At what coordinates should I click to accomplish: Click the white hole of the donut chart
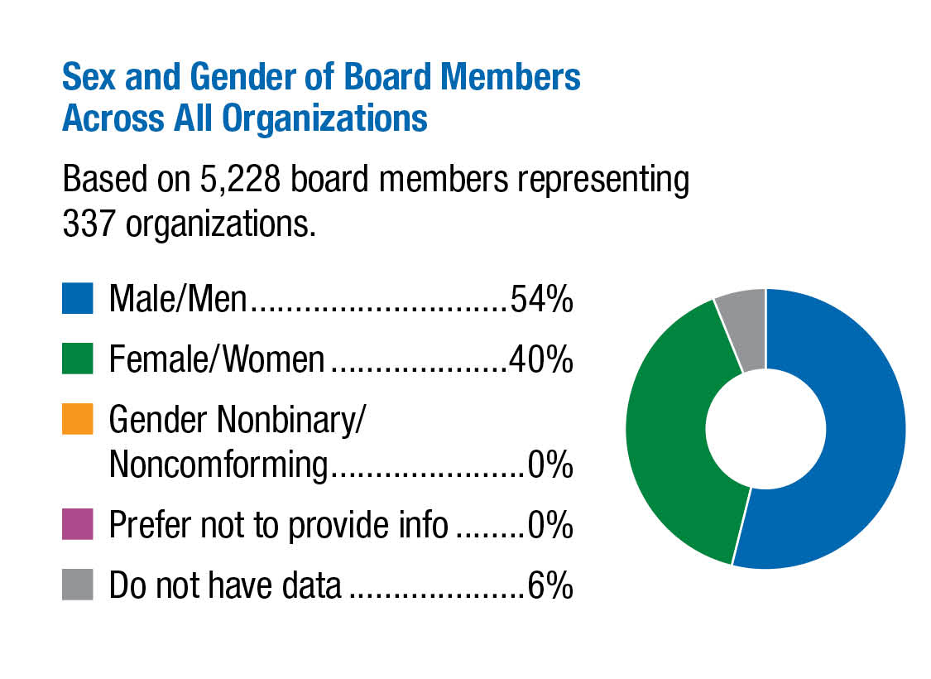[765, 429]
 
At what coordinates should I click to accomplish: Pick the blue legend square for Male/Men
[77, 300]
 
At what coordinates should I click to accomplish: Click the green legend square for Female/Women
[77, 359]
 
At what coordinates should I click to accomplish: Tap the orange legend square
[77, 421]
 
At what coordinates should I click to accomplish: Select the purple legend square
[77, 526]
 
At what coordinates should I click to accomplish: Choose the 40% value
[541, 360]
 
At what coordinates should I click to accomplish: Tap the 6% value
[550, 585]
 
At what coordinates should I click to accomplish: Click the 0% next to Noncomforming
[550, 466]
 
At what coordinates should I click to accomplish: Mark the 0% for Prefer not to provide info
[550, 526]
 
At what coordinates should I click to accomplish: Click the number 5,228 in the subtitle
[224, 180]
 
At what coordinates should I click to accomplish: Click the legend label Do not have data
[225, 585]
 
